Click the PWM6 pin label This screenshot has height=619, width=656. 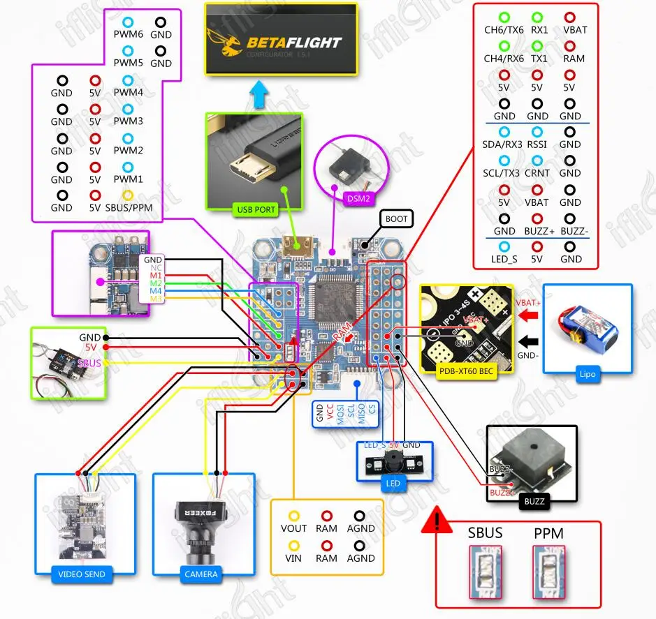pyautogui.click(x=128, y=34)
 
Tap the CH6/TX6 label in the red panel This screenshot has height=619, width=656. pyautogui.click(x=504, y=30)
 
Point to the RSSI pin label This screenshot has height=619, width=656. pyautogui.click(x=537, y=144)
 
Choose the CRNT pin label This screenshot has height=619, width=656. pyautogui.click(x=537, y=173)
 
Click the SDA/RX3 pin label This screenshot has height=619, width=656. pyautogui.click(x=502, y=144)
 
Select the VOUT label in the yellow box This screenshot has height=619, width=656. pyautogui.click(x=293, y=528)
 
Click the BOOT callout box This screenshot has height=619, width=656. pyautogui.click(x=396, y=219)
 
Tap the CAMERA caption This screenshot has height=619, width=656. pyautogui.click(x=201, y=574)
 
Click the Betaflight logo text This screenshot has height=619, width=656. pyautogui.click(x=293, y=43)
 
